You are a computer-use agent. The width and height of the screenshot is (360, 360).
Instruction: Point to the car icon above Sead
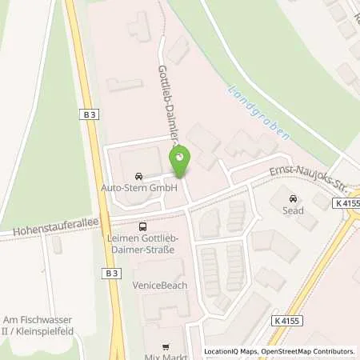[x=294, y=198]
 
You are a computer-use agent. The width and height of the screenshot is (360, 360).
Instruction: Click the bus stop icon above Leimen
[x=142, y=226]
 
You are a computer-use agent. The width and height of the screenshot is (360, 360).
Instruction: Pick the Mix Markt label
[x=166, y=354]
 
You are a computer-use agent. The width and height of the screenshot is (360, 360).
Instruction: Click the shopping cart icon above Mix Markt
[x=166, y=346]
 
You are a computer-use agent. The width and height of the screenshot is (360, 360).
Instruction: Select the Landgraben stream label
[x=259, y=115]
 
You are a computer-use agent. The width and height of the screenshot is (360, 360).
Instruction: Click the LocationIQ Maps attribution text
[x=230, y=351]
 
